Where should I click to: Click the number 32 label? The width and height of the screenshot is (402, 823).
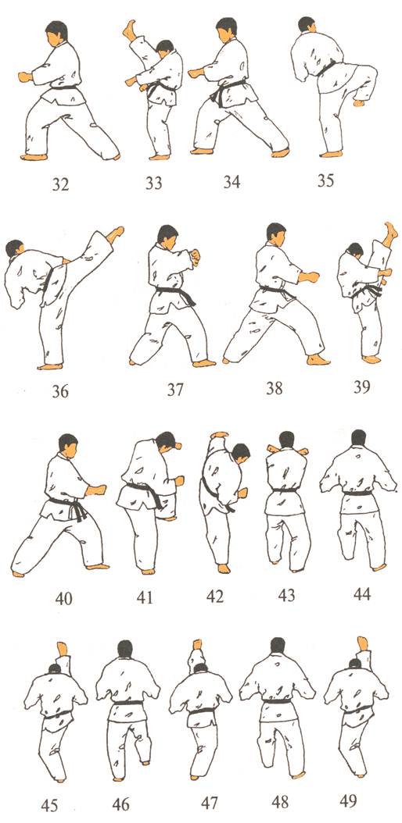click(60, 185)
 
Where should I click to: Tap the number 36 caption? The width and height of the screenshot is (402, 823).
click(60, 391)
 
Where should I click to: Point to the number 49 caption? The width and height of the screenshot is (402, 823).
click(347, 800)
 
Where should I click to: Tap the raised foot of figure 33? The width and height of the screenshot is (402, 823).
click(129, 30)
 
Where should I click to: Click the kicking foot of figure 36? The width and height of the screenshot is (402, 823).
click(115, 234)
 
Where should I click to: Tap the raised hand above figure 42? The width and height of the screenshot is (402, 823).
click(220, 435)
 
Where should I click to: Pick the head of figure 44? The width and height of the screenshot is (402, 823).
click(358, 437)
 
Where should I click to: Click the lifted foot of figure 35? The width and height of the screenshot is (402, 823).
click(360, 102)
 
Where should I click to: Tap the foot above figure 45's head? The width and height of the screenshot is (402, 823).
click(63, 649)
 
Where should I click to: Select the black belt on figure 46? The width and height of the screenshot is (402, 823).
click(128, 702)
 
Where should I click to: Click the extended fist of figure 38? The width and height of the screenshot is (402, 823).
click(309, 276)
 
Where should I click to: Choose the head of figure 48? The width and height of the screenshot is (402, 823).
click(278, 645)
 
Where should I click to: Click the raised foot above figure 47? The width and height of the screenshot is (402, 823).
click(198, 644)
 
